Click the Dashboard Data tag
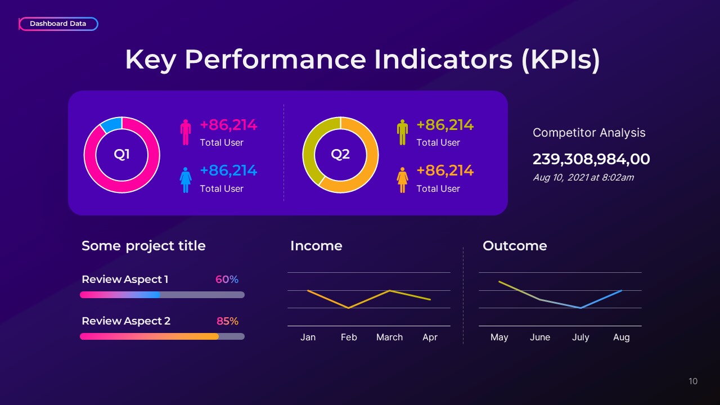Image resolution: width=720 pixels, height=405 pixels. pyautogui.click(x=58, y=24)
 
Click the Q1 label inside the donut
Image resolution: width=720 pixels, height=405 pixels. pyautogui.click(x=122, y=154)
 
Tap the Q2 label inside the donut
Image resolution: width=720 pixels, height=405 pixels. pyautogui.click(x=340, y=154)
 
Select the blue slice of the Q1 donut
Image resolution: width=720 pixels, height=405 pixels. pyautogui.click(x=111, y=124)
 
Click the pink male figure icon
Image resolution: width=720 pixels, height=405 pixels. pyautogui.click(x=186, y=132)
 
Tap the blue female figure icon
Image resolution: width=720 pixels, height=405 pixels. pyautogui.click(x=186, y=178)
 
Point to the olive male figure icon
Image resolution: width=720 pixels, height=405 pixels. pyautogui.click(x=402, y=132)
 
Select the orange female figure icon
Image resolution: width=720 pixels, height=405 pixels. pyautogui.click(x=402, y=178)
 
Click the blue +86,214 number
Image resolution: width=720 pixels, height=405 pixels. pyautogui.click(x=228, y=170)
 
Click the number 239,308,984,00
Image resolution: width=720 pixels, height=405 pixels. pyautogui.click(x=591, y=159)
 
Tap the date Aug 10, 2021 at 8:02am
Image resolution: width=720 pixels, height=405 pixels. pyautogui.click(x=583, y=178)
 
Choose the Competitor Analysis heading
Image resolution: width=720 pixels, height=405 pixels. pyautogui.click(x=589, y=133)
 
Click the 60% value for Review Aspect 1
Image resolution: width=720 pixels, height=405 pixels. pyautogui.click(x=227, y=280)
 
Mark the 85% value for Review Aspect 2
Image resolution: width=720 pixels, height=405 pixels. pyautogui.click(x=227, y=321)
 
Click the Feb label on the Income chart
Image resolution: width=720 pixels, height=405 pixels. pyautogui.click(x=349, y=337)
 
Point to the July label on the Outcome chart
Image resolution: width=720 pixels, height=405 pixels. pyautogui.click(x=580, y=337)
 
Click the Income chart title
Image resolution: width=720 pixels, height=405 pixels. pyautogui.click(x=316, y=246)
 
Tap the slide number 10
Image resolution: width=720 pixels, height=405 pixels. pyautogui.click(x=693, y=381)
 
